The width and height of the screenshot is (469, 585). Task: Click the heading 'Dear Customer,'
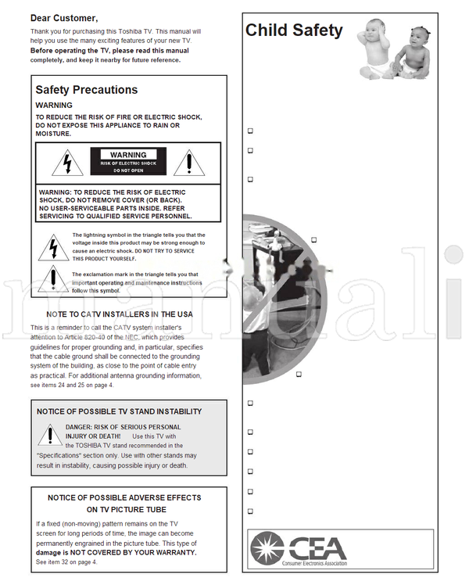(64, 17)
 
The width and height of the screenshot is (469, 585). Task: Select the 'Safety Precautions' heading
(86, 90)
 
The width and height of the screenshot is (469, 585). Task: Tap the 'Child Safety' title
(294, 31)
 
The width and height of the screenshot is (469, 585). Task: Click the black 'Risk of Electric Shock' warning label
(128, 162)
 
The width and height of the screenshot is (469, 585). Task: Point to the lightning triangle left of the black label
(67, 163)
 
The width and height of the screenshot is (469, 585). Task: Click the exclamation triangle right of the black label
(188, 163)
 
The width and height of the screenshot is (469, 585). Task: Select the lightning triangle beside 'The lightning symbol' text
(52, 246)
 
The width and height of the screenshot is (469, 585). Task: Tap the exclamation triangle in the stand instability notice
(50, 435)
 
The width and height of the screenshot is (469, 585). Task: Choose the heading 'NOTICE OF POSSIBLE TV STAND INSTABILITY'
(119, 411)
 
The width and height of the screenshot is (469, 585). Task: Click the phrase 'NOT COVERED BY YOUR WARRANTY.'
(145, 552)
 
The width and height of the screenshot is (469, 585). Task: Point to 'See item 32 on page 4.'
(66, 562)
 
